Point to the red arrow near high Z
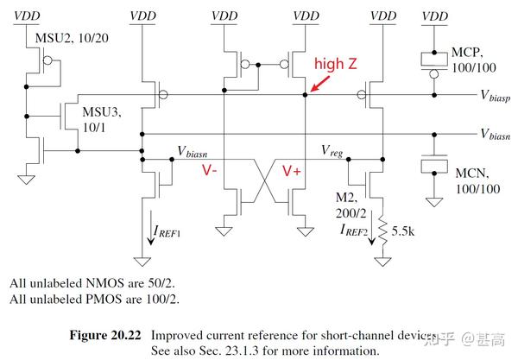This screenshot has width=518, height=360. [320, 83]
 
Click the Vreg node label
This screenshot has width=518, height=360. [333, 151]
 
